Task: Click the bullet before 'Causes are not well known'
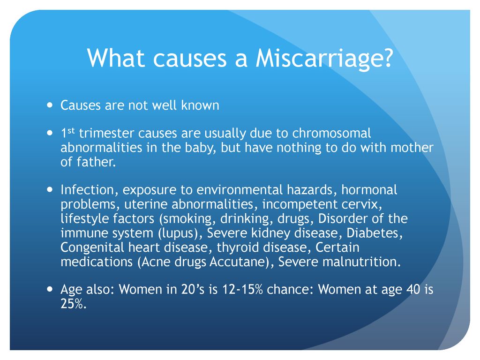[50, 105]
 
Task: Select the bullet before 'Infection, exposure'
[50, 189]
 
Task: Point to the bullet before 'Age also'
[50, 289]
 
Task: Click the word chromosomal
[331, 133]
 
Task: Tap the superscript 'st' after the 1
[71, 131]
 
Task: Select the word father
[96, 162]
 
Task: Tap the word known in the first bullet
[200, 105]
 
